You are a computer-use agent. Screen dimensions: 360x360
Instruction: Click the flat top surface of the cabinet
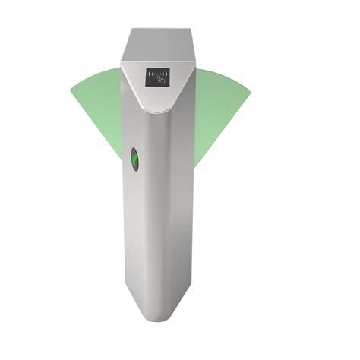[160, 44]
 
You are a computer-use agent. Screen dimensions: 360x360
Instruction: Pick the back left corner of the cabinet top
[130, 30]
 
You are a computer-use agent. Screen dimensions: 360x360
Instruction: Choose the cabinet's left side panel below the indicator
[144, 243]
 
